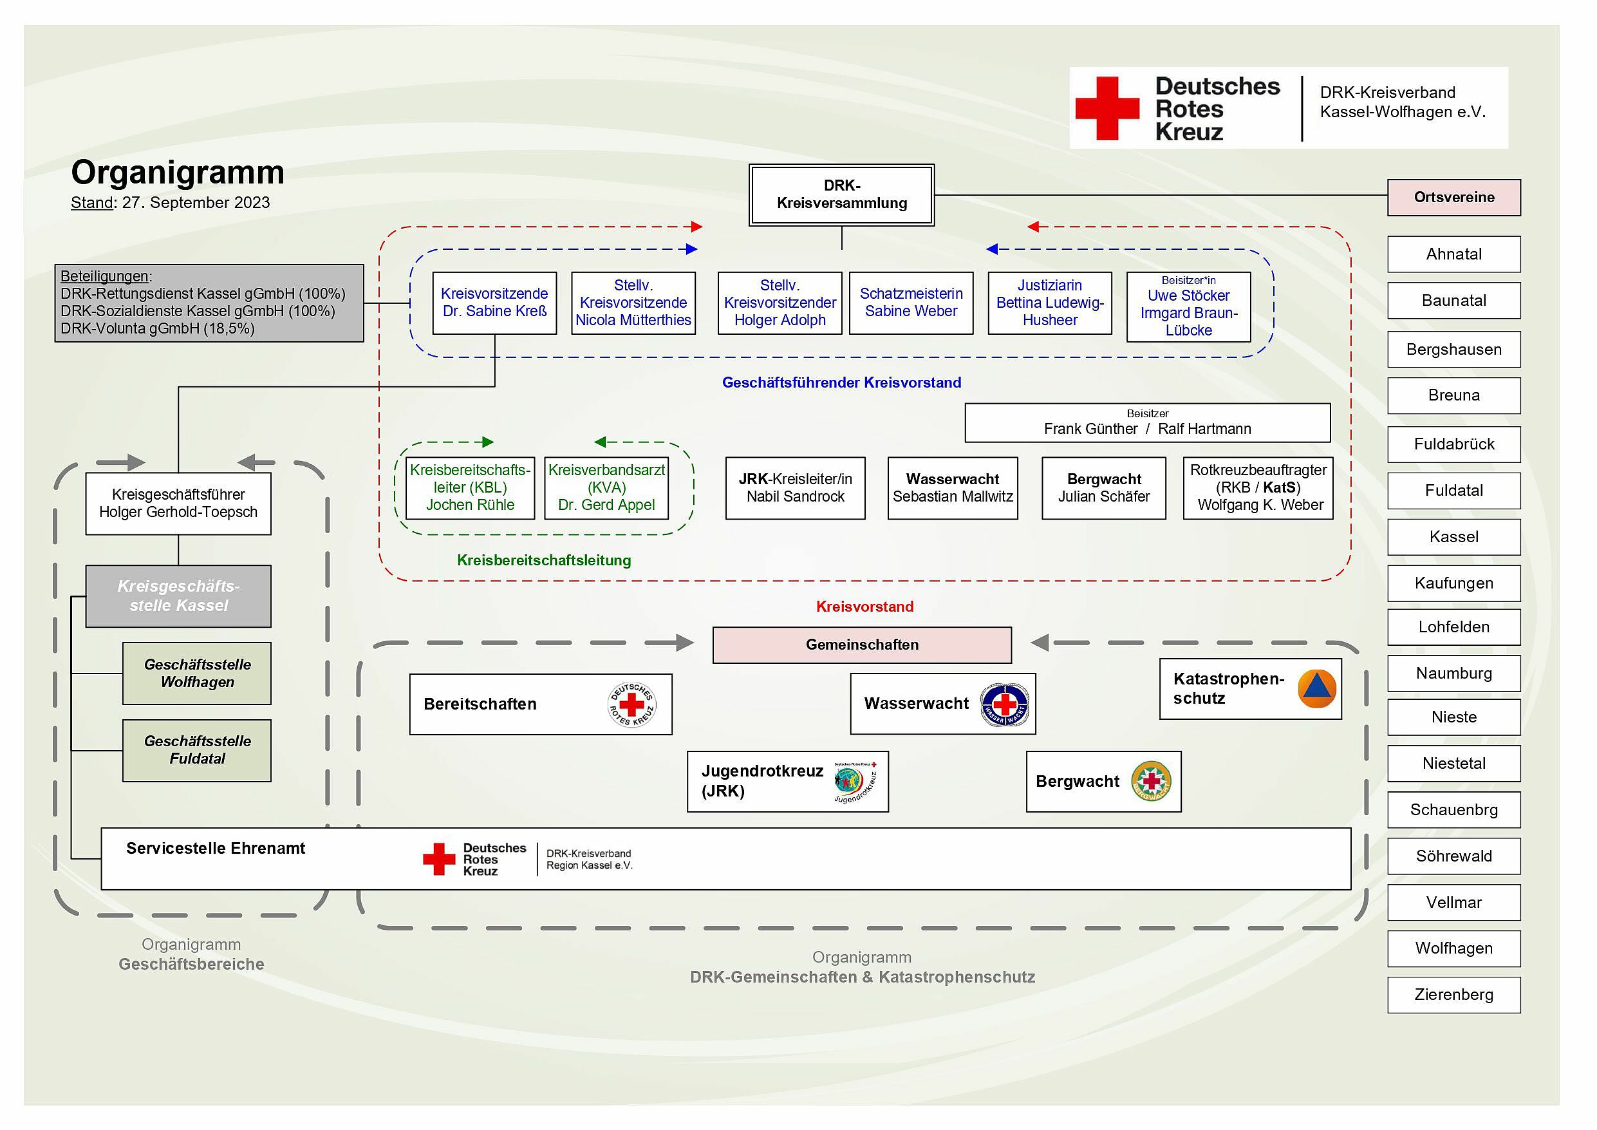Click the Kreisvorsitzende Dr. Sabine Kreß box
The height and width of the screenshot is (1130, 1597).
pyautogui.click(x=494, y=303)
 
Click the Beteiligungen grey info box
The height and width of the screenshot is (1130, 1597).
pyautogui.click(x=209, y=303)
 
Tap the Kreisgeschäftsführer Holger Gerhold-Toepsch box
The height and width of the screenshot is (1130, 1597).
pyautogui.click(x=178, y=504)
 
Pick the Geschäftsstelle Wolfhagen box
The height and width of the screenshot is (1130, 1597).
pyautogui.click(x=197, y=673)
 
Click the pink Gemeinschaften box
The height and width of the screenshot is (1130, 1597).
pyautogui.click(x=862, y=645)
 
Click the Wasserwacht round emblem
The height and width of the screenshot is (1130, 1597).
pyautogui.click(x=1004, y=704)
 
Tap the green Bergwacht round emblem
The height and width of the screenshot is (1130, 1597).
pyautogui.click(x=1150, y=782)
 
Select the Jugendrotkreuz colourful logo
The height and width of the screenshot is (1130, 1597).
pyautogui.click(x=854, y=782)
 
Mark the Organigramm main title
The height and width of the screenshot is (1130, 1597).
pyautogui.click(x=178, y=173)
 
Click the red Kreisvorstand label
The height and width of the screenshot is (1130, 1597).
pyautogui.click(x=864, y=607)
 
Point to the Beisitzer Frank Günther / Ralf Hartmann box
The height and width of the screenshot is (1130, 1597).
pyautogui.click(x=1147, y=422)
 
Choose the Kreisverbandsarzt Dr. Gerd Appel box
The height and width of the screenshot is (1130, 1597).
pyautogui.click(x=606, y=488)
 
